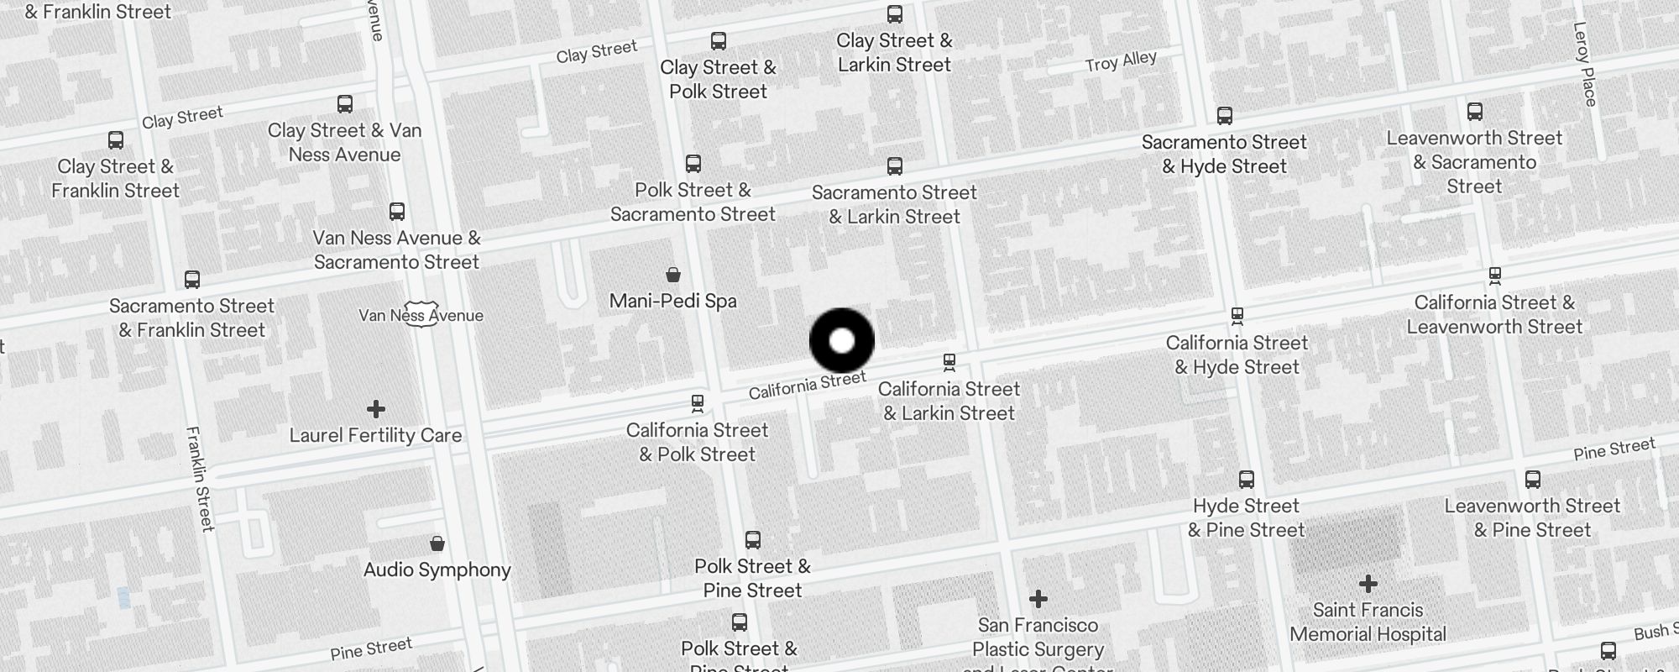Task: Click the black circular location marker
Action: pos(841,340)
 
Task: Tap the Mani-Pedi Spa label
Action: pos(672,301)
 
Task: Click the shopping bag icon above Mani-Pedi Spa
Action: pos(672,274)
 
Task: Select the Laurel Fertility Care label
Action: pos(375,435)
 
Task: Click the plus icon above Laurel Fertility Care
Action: pos(375,409)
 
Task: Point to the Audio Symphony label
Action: pos(437,570)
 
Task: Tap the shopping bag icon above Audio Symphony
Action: pos(437,543)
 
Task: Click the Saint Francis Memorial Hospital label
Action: pos(1368,622)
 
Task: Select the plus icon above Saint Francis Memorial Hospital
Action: pos(1368,583)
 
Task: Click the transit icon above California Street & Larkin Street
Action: pos(949,363)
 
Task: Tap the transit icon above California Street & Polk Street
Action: pos(697,404)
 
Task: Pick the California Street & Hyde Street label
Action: pos(1237,354)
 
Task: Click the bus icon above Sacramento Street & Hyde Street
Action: pos(1224,116)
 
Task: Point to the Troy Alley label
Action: pos(1120,61)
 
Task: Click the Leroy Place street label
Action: pos(1583,64)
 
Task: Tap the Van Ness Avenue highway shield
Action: pos(419,314)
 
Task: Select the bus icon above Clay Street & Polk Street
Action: pos(718,41)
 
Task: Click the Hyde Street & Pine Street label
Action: pos(1246,517)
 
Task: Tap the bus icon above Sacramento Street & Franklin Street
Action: pos(191,280)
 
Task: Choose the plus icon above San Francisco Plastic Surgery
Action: pos(1038,598)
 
